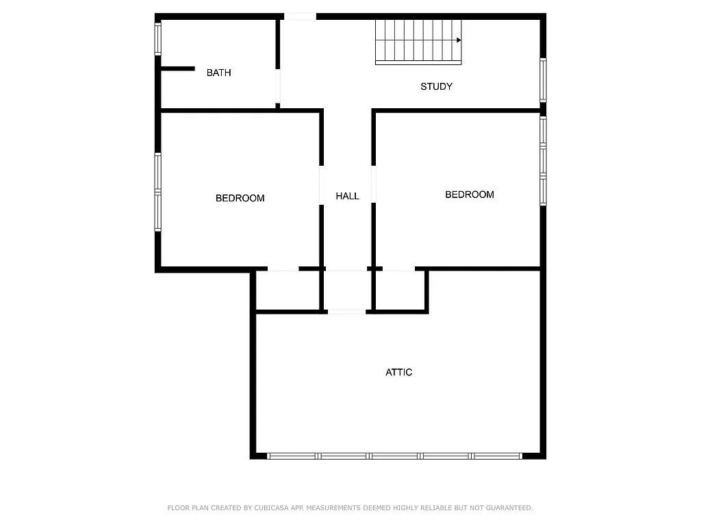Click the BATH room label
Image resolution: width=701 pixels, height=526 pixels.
point(218,73)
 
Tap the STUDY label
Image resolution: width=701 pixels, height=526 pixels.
point(436,86)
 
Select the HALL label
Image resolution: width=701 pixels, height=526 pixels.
point(347,196)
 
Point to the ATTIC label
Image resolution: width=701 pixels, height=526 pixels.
point(398,373)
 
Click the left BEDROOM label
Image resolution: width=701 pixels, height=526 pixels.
point(240,198)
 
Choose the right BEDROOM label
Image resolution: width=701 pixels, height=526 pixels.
point(469,195)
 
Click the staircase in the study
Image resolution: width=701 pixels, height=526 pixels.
point(418,42)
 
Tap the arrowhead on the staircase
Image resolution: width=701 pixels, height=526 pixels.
point(459,40)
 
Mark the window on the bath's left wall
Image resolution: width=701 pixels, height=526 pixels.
point(157,39)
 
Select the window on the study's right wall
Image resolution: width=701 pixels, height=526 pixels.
point(543,79)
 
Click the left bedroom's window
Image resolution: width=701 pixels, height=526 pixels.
point(157,192)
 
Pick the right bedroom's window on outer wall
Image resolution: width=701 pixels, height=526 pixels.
point(543,161)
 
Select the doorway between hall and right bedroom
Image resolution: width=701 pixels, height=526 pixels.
point(374,185)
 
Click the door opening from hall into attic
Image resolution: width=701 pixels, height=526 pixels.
point(346,312)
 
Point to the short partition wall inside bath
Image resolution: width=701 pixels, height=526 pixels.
point(177,68)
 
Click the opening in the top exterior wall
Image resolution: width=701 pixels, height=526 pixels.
point(300,16)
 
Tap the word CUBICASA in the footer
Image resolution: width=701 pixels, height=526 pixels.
point(270,508)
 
